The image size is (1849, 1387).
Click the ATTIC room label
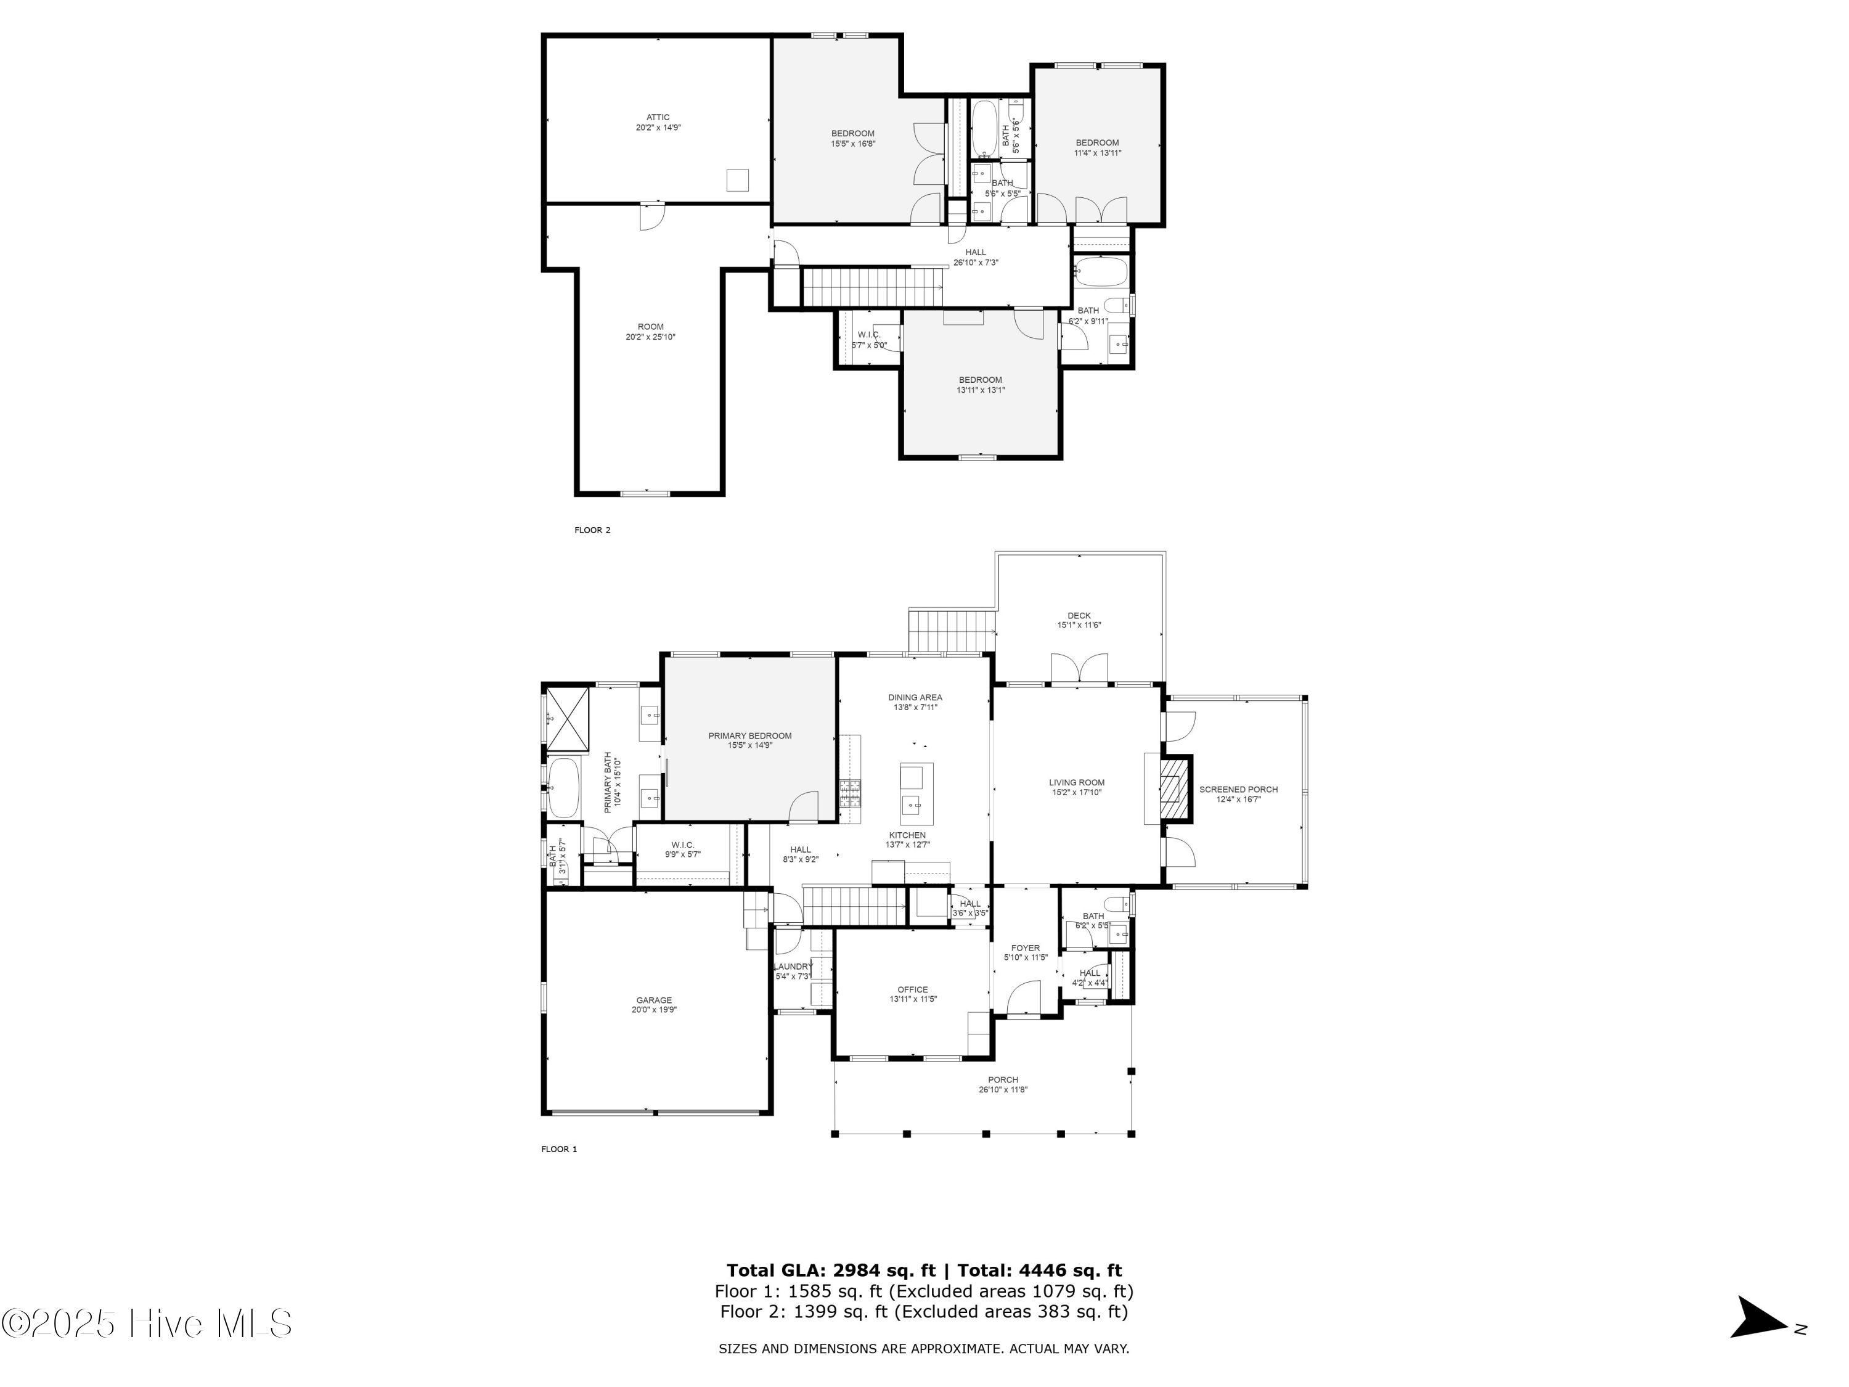point(658,118)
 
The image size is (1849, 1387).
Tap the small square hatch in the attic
point(737,181)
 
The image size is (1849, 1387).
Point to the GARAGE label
point(654,1000)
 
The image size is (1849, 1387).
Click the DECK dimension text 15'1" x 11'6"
point(1079,625)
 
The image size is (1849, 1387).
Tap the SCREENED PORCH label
point(1238,789)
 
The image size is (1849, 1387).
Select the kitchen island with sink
point(916,793)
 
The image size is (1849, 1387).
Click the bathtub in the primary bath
point(563,788)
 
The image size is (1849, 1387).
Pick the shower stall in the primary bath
point(568,718)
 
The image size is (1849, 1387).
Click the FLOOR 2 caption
point(593,530)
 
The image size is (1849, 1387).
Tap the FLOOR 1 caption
point(559,1150)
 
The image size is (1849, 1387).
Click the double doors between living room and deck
point(1079,669)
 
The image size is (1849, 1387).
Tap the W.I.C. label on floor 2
point(868,334)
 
